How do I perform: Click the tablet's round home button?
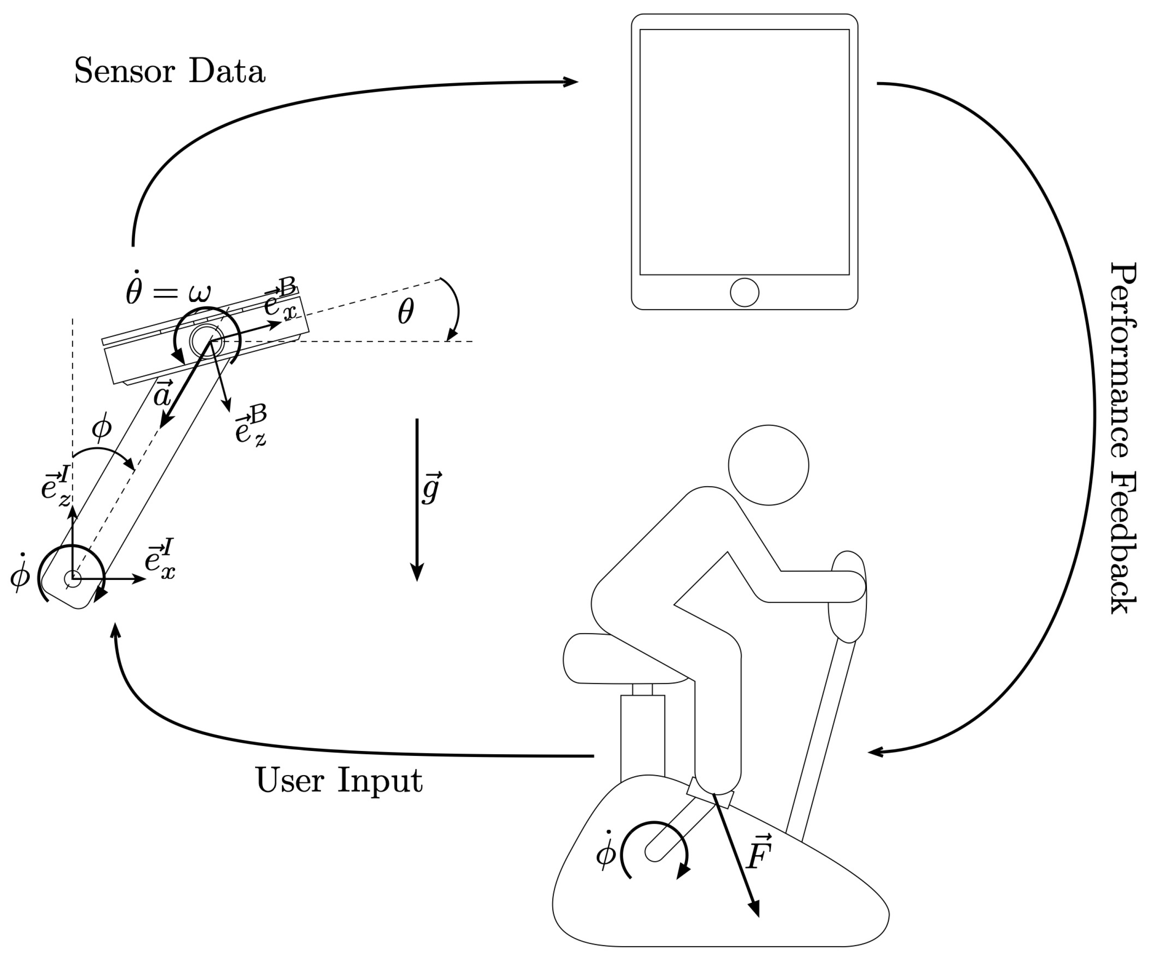[x=744, y=292]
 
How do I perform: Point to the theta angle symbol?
[x=405, y=312]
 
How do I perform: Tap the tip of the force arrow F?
[x=758, y=915]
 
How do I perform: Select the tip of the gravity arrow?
[x=417, y=579]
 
